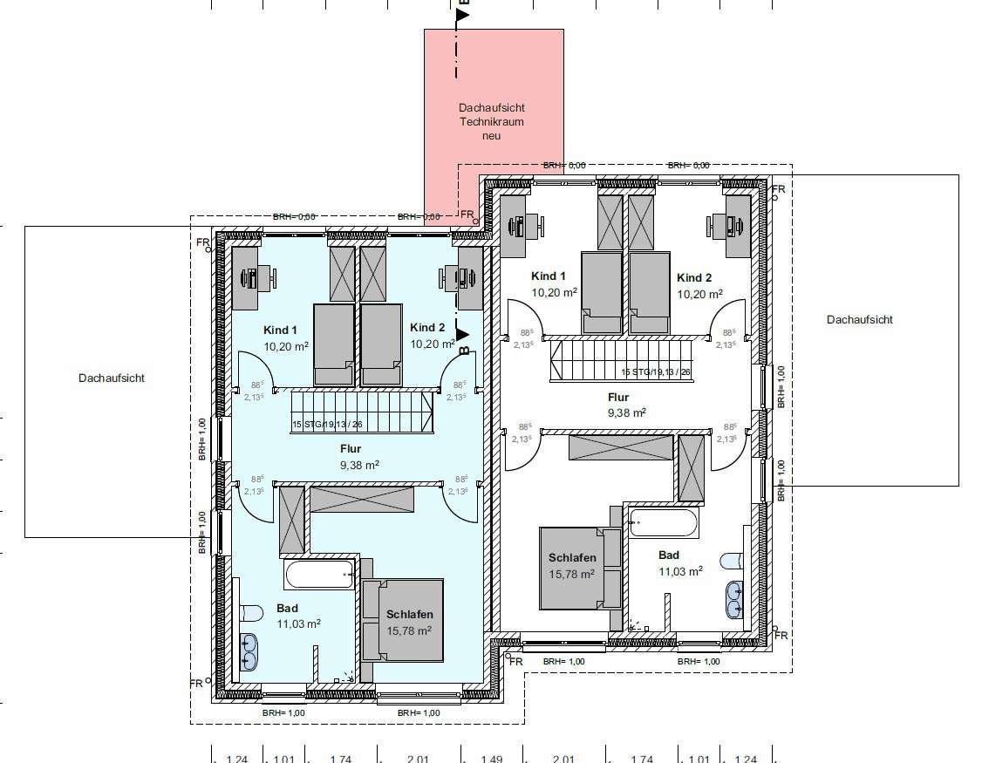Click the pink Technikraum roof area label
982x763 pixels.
[492, 121]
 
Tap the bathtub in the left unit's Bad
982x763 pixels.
[319, 576]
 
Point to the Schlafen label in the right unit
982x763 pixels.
[572, 558]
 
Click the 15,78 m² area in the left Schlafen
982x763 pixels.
[410, 630]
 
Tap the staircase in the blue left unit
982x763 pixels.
[362, 412]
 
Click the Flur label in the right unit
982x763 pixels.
[618, 397]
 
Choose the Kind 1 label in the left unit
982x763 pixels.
[281, 330]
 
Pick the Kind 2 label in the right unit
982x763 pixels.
[694, 277]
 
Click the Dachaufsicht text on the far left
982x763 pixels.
[111, 378]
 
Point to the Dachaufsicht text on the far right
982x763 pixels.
[859, 319]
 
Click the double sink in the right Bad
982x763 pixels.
[733, 598]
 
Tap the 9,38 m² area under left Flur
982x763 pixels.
[359, 464]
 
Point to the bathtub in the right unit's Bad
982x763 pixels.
[663, 524]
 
